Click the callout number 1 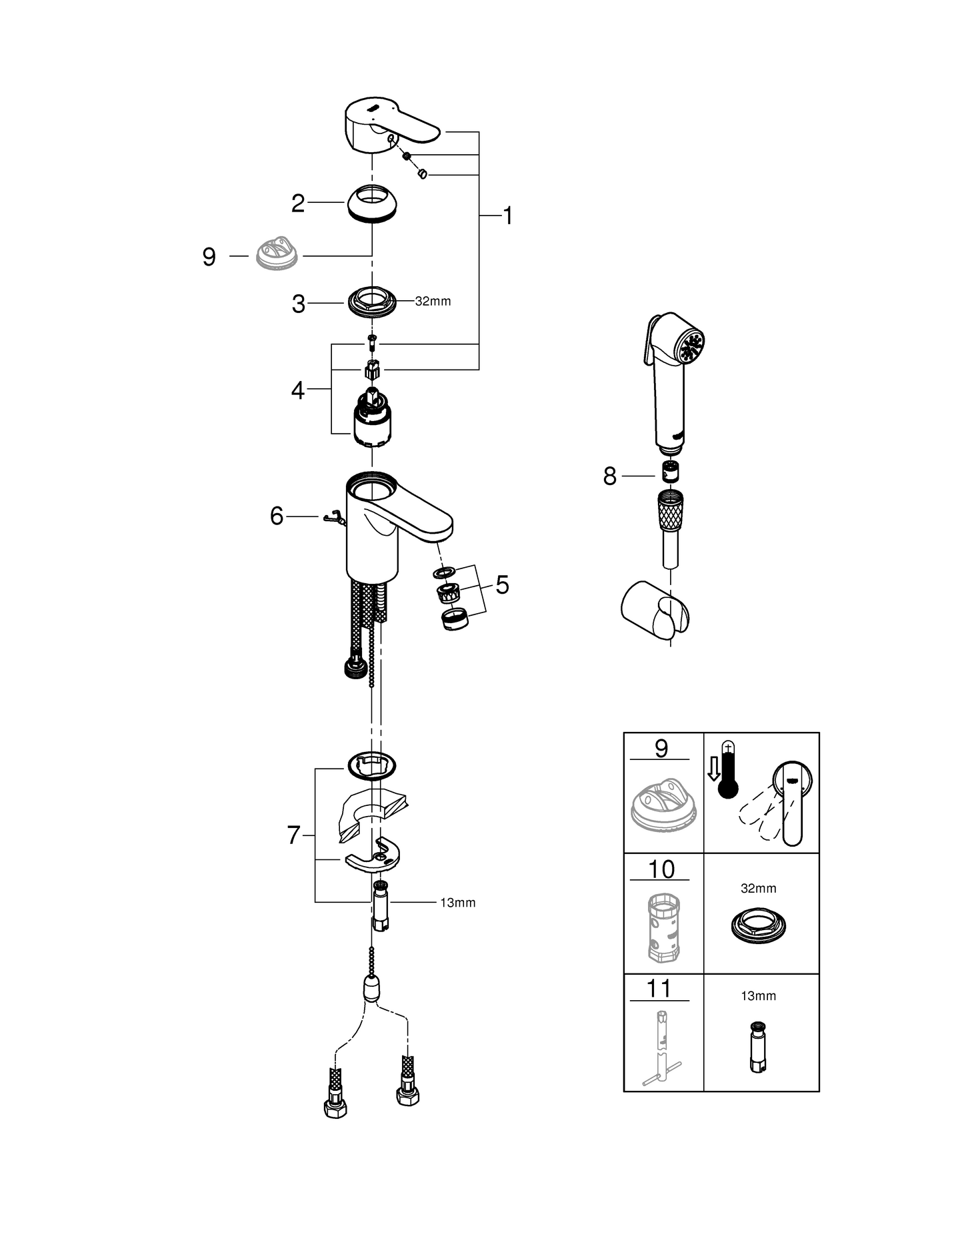pos(507,216)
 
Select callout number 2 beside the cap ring pos(297,203)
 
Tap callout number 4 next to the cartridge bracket pos(297,390)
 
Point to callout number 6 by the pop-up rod pos(277,516)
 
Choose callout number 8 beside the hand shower pos(609,476)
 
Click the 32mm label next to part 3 pos(433,302)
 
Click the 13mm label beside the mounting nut pos(457,903)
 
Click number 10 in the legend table pos(661,869)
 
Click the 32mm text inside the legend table pos(758,889)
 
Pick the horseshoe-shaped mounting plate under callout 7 pos(375,856)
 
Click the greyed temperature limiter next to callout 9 pos(277,256)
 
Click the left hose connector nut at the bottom pos(335,1108)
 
